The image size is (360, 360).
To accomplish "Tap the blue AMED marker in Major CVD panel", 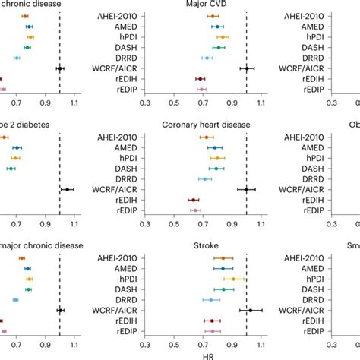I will [217, 27].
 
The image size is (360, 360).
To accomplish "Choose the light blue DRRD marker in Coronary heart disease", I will [204, 179].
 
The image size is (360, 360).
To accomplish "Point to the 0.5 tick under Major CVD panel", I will [174, 102].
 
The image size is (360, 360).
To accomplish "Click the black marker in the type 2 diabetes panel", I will [67, 190].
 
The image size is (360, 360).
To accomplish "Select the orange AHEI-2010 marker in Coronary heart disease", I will [206, 137].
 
